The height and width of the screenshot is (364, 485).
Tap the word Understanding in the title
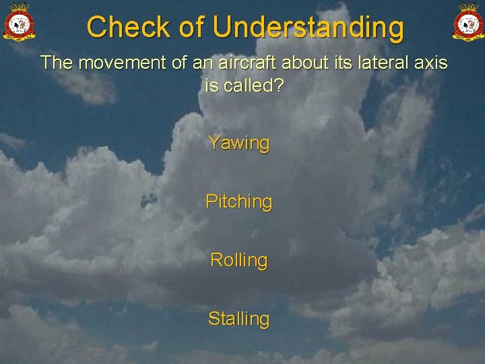pos(309,28)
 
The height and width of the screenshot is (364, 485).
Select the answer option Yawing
pos(239,143)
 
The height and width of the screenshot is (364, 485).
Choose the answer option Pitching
pos(239,202)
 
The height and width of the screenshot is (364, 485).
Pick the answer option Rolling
pos(239,260)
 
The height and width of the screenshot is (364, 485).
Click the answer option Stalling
pos(239,318)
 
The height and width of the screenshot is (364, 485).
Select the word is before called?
pos(211,86)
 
